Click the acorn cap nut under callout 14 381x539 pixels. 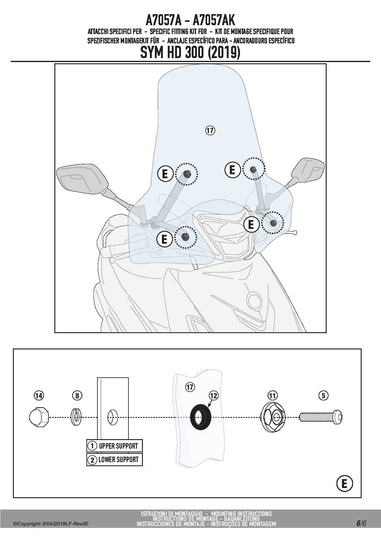click(x=39, y=417)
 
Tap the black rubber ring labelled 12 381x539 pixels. click(x=201, y=417)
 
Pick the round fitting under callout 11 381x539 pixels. click(x=273, y=417)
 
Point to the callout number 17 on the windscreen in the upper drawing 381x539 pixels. click(x=210, y=130)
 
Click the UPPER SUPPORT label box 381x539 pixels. click(x=115, y=446)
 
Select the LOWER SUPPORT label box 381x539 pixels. click(x=115, y=460)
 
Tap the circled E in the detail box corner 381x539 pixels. click(x=344, y=484)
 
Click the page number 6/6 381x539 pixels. click(x=361, y=523)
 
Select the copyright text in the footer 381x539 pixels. click(x=51, y=524)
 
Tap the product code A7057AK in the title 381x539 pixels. click(x=214, y=20)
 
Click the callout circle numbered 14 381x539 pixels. click(x=39, y=395)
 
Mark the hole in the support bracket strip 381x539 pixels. click(x=112, y=417)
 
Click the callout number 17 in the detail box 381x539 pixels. click(x=190, y=387)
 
